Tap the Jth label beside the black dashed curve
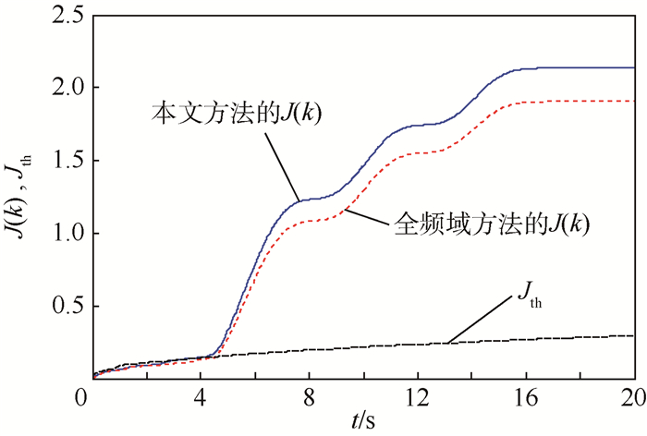click(x=524, y=301)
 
